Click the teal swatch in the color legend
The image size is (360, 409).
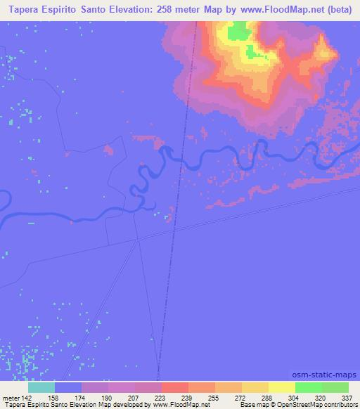(41, 387)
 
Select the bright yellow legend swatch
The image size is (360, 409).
(281, 387)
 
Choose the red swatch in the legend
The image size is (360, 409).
(174, 387)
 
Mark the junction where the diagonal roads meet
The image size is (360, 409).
(139, 240)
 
